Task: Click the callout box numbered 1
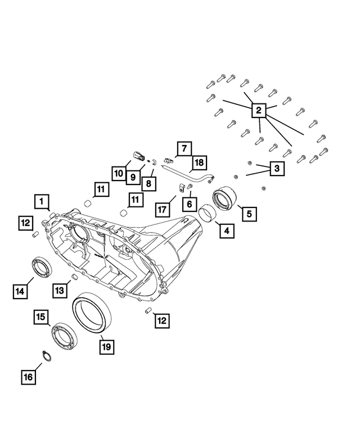tap(42, 201)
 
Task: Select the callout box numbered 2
tap(258, 111)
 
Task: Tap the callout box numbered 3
tap(276, 168)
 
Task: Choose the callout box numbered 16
tap(28, 377)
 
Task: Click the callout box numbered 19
tap(105, 346)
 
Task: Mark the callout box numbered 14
tap(20, 291)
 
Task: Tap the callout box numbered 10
tap(118, 174)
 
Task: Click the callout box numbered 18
tap(197, 164)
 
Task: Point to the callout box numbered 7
tap(183, 148)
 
